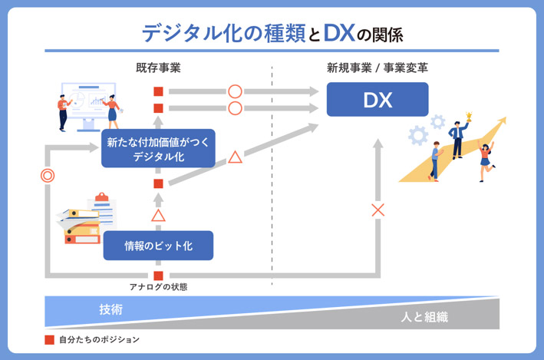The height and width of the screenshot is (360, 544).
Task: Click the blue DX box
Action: [377, 100]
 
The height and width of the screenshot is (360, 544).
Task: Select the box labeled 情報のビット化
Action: [157, 246]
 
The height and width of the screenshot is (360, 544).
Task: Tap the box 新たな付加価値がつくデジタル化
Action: [157, 148]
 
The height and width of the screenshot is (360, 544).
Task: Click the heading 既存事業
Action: [158, 68]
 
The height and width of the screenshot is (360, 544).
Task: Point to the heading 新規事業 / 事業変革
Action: [378, 68]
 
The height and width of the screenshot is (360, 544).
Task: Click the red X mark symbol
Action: [378, 210]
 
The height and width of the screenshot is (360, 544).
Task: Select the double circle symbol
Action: [48, 176]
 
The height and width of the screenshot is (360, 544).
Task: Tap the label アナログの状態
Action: [158, 287]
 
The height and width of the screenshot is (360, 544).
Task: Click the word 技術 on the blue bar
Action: [110, 309]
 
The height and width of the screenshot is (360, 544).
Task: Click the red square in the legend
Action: [50, 339]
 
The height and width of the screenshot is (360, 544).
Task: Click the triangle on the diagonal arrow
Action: [235, 158]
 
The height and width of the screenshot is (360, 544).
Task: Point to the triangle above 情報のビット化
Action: [158, 215]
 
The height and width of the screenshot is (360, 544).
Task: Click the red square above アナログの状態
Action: [158, 276]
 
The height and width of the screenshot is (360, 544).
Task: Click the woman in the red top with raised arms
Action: [485, 158]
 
